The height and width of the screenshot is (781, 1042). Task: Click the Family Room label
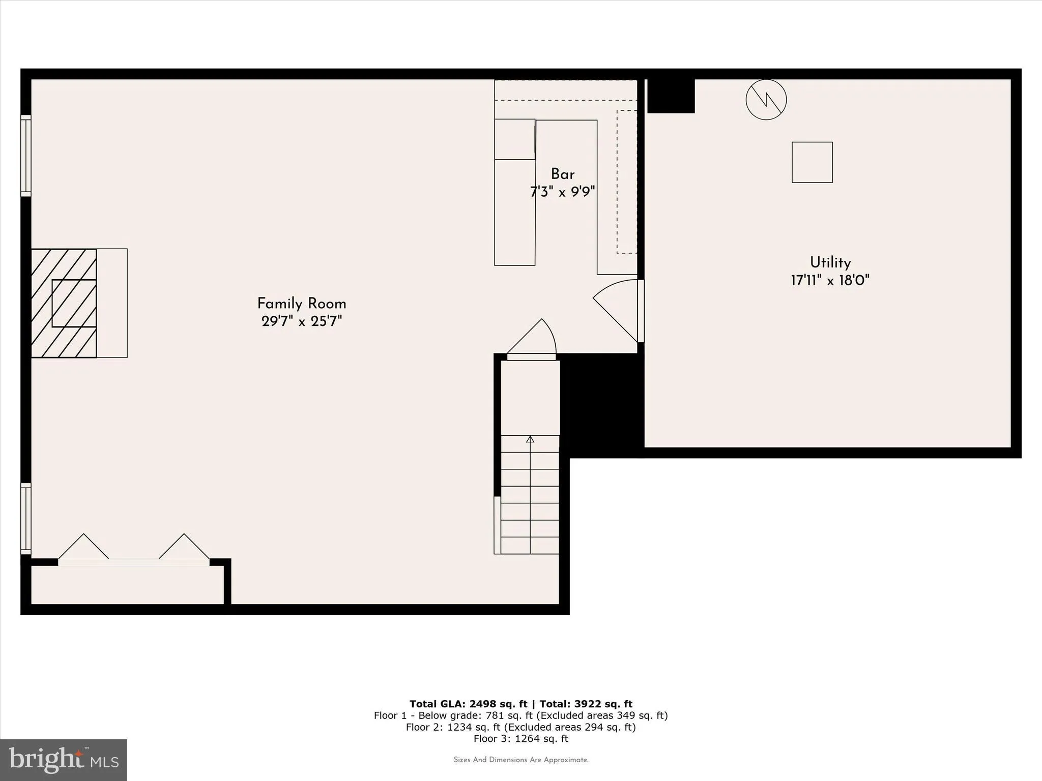(301, 304)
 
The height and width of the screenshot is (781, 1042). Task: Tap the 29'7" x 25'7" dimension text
(301, 321)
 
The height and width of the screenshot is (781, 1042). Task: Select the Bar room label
(562, 174)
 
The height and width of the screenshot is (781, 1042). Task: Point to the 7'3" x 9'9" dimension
(562, 192)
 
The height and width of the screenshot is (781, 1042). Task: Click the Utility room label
(830, 262)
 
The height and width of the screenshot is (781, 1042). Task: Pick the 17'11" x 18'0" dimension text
(830, 280)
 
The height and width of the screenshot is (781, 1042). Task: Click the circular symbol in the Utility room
(766, 100)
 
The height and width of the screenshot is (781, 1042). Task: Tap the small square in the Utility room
(812, 162)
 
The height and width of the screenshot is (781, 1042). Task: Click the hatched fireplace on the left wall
(64, 303)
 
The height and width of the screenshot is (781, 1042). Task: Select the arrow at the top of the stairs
(530, 439)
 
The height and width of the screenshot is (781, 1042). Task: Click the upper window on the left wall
(25, 156)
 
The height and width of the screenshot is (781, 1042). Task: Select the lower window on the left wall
(25, 519)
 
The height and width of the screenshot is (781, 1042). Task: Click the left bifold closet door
(83, 548)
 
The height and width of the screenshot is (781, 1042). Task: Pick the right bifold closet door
(184, 548)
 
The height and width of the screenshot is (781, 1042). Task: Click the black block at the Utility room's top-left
(671, 96)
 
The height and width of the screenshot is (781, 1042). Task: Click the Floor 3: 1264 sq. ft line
(520, 739)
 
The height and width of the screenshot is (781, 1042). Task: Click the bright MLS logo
(64, 760)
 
